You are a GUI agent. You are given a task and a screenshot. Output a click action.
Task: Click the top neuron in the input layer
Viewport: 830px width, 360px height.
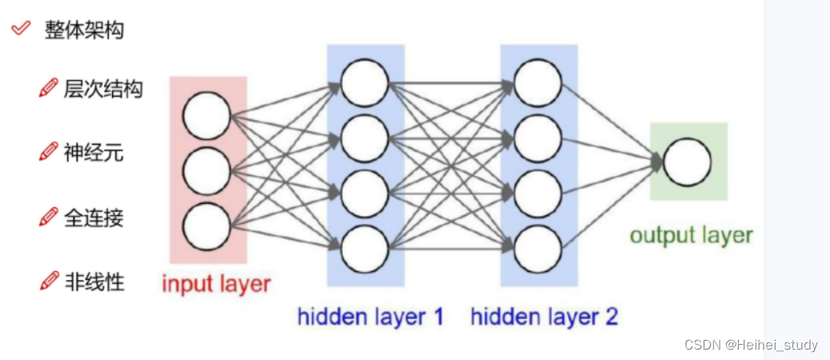click(x=206, y=116)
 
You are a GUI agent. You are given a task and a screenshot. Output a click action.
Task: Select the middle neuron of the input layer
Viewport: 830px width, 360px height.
click(x=206, y=170)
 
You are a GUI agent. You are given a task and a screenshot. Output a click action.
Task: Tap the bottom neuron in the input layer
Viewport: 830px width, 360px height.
click(x=206, y=226)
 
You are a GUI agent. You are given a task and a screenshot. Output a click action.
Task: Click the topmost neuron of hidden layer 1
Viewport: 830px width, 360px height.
click(x=365, y=82)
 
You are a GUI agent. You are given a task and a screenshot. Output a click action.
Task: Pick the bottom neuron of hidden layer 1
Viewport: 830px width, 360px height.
click(x=365, y=250)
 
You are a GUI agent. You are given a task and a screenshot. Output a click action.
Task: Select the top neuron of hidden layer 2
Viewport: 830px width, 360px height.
click(x=537, y=82)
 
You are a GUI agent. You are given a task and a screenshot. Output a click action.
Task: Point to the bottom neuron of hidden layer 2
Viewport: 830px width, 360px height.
click(x=537, y=250)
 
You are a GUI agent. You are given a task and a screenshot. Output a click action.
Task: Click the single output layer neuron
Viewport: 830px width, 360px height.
click(x=687, y=162)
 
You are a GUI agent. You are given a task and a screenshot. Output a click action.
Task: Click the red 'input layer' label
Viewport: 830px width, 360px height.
click(x=217, y=284)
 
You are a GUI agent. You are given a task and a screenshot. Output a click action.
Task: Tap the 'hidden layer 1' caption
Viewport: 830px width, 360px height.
click(x=370, y=317)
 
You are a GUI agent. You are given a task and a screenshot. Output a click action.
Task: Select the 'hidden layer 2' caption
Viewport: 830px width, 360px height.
click(x=544, y=317)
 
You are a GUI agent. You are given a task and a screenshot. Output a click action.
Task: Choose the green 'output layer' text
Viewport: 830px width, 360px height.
click(x=691, y=235)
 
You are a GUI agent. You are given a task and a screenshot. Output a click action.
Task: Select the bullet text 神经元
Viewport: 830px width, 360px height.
click(x=94, y=153)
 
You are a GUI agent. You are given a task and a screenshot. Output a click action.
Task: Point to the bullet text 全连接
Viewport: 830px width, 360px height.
click(x=94, y=217)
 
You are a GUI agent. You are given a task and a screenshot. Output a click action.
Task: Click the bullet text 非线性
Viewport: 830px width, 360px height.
click(x=94, y=281)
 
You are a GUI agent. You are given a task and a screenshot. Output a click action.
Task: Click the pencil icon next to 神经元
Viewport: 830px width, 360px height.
click(x=49, y=152)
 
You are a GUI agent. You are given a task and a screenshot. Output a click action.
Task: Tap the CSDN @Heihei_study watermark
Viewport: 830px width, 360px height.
click(x=751, y=345)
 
